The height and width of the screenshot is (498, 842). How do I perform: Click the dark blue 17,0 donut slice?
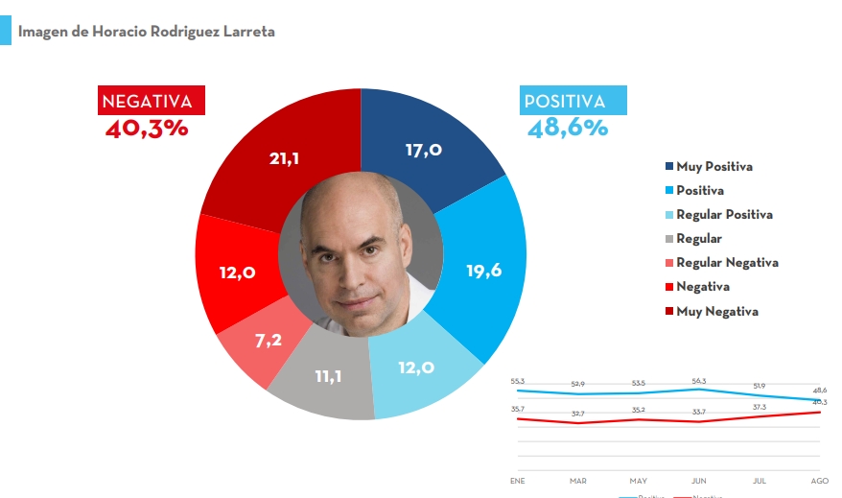(423, 150)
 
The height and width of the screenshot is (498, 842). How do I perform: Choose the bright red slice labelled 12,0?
(236, 273)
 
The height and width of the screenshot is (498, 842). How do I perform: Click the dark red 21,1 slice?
(284, 158)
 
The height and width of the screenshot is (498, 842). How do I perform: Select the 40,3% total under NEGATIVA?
(147, 128)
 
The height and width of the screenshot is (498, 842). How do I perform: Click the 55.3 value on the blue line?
(518, 381)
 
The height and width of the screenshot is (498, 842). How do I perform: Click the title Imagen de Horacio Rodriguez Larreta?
(146, 32)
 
